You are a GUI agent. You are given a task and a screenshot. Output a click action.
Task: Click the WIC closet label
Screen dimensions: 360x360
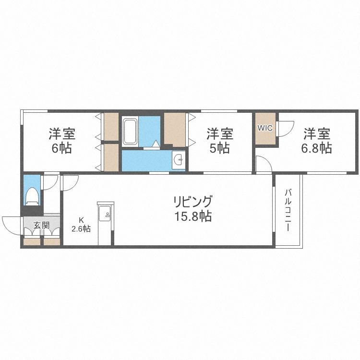[265, 128]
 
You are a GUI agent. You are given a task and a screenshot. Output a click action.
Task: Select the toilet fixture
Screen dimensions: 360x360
[32, 196]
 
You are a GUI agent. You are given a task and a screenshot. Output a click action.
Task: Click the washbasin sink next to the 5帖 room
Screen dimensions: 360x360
[179, 159]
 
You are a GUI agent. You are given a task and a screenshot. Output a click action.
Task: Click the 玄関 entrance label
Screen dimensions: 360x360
[42, 225]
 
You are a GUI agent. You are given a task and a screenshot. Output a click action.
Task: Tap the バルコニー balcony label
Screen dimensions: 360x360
[288, 210]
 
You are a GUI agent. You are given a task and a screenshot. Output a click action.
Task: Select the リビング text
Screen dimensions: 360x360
[192, 202]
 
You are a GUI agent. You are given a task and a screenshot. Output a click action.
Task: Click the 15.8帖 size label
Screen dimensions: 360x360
[193, 216]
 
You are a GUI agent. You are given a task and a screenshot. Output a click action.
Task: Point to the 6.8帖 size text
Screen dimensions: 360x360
[316, 148]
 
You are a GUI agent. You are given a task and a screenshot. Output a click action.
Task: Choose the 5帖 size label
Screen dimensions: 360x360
[219, 148]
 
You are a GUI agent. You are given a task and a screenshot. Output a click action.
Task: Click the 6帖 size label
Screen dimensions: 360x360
[62, 148]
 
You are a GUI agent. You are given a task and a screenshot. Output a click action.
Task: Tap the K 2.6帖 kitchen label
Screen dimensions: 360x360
[81, 225]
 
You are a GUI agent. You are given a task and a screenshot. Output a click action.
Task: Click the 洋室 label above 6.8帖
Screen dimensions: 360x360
[317, 134]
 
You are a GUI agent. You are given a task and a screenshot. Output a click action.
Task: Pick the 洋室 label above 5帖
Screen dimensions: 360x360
[220, 134]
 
